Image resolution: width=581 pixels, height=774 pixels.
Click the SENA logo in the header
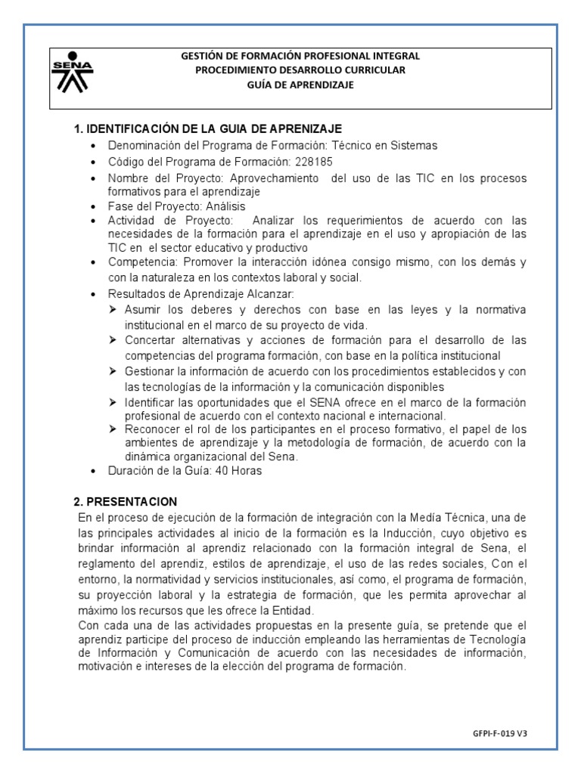tap(72, 73)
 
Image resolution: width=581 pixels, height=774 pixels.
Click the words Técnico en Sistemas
tap(399, 145)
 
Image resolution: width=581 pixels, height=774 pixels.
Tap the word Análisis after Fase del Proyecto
tap(224, 206)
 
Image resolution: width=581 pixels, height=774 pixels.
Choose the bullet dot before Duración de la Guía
tap(93, 472)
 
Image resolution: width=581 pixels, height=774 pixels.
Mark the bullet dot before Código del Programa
tap(93, 163)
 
